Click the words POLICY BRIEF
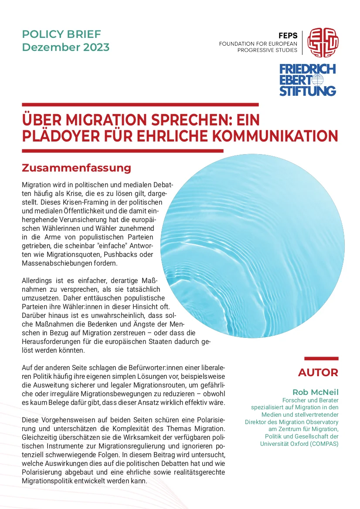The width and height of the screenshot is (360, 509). (x=61, y=34)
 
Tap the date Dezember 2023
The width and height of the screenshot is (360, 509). (x=66, y=47)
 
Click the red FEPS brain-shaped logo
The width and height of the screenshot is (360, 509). (x=323, y=42)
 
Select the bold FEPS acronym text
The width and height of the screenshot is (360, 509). (x=288, y=36)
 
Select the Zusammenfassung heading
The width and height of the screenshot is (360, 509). (x=76, y=168)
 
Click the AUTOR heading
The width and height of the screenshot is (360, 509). (x=318, y=373)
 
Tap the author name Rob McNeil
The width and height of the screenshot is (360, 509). (x=316, y=392)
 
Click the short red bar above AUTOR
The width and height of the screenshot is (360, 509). (x=321, y=358)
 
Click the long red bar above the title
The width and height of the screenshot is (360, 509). (x=140, y=104)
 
